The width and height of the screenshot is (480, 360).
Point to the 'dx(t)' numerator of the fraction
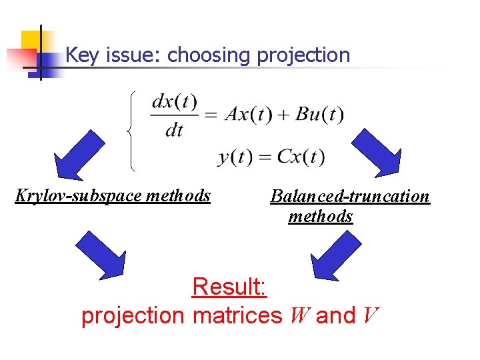(x=175, y=103)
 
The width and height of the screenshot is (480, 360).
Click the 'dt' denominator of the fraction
(x=174, y=130)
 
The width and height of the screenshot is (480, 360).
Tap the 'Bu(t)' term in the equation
(x=319, y=115)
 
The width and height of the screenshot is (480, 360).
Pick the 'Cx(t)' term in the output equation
(x=301, y=157)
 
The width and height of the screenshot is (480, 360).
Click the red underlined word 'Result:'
(x=229, y=287)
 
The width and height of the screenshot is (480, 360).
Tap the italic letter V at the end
(x=371, y=315)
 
